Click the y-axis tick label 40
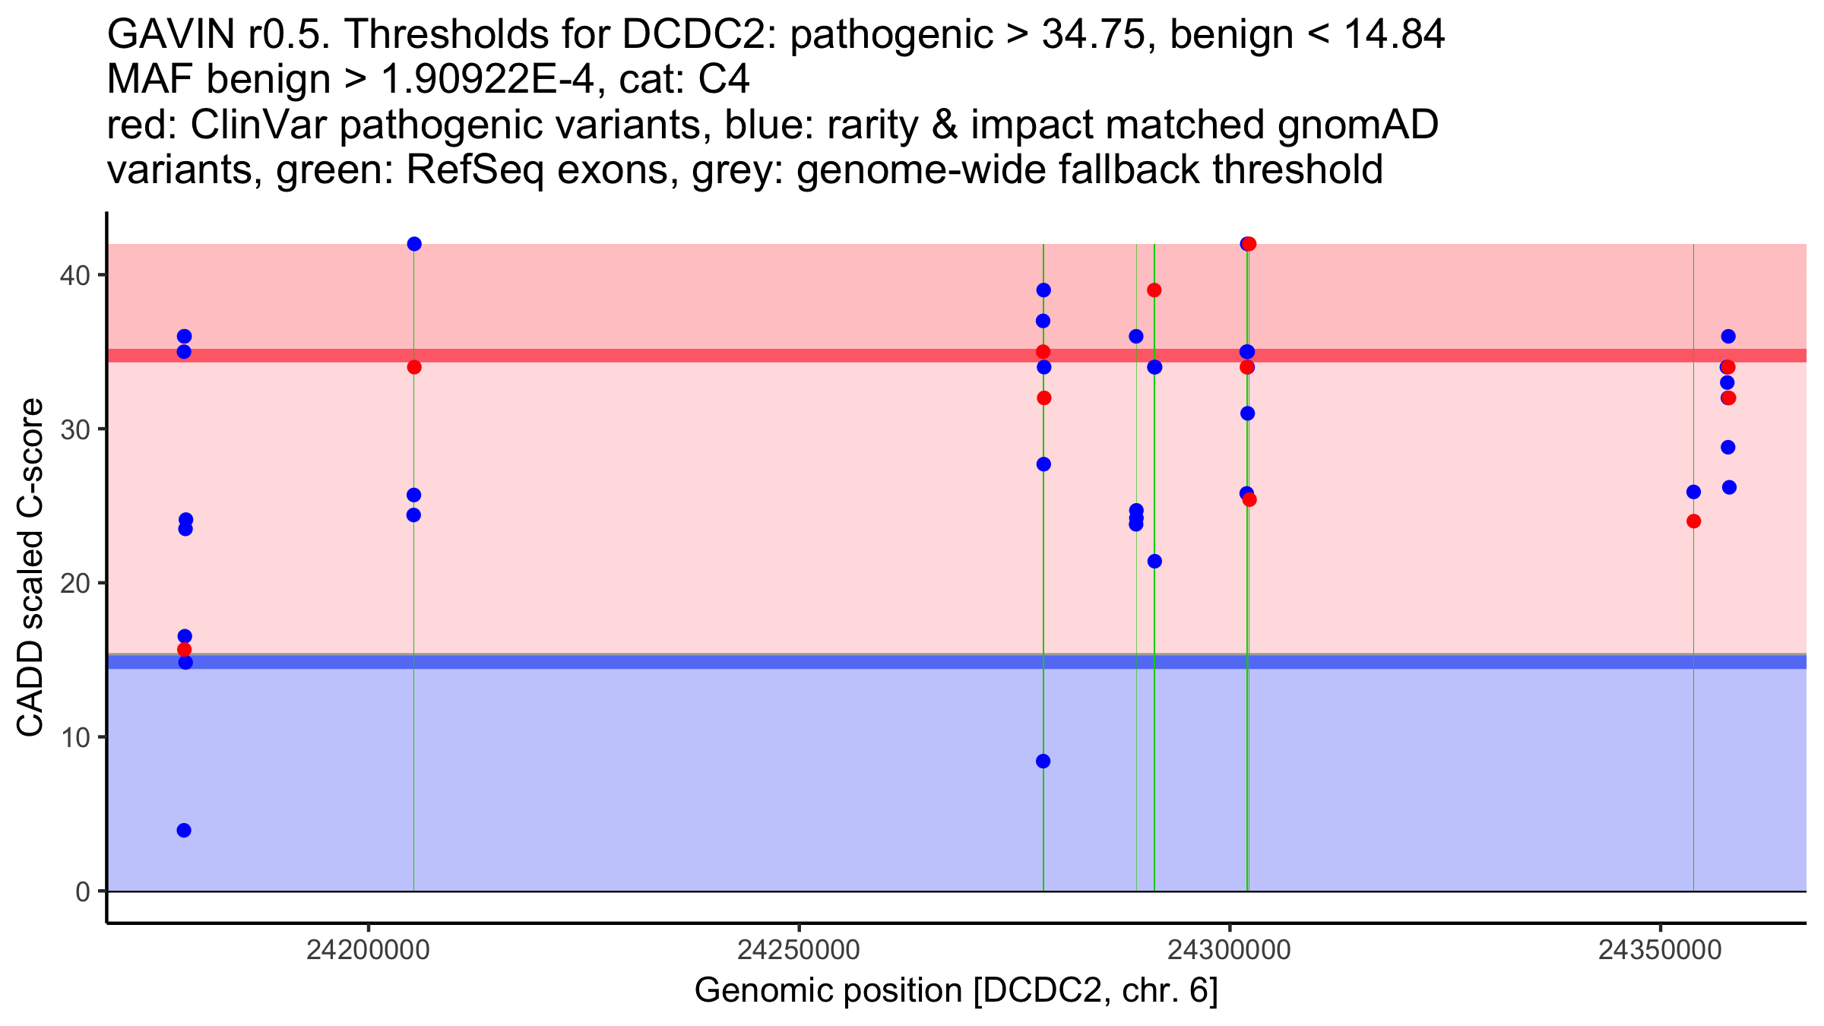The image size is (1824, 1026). click(x=74, y=275)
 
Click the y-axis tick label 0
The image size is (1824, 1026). click(x=83, y=891)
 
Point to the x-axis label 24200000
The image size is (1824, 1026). click(x=369, y=950)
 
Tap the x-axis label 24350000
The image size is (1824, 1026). click(x=1660, y=950)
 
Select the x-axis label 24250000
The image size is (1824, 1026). click(x=800, y=950)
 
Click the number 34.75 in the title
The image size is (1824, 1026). click(x=1093, y=35)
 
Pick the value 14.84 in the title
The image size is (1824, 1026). click(x=1394, y=35)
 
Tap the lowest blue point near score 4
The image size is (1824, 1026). click(x=184, y=830)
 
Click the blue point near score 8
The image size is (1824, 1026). click(x=1043, y=762)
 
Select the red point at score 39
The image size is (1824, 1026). click(x=1154, y=290)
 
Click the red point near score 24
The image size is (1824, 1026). click(x=1693, y=521)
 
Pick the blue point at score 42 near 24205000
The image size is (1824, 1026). click(x=414, y=244)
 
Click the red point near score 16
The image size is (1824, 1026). click(x=184, y=650)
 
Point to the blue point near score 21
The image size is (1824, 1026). click(x=1154, y=562)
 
